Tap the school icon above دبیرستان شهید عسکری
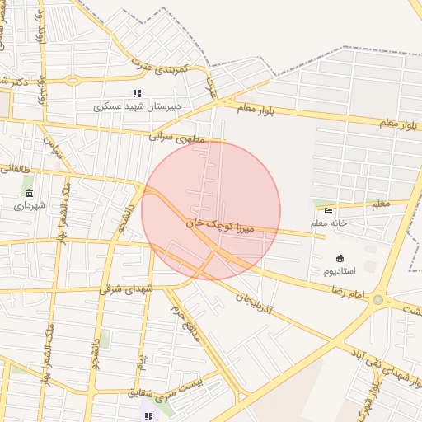[x=137, y=93]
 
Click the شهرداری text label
[x=30, y=205]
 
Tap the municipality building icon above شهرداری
[x=30, y=193]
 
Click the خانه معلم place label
[x=329, y=223]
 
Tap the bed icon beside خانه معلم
[x=329, y=210]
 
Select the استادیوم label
[x=339, y=270]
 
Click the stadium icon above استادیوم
[x=340, y=258]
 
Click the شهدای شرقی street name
[x=127, y=288]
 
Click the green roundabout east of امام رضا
[x=378, y=299]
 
